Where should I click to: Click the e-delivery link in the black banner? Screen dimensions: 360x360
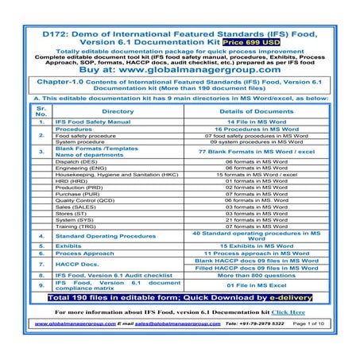[285, 297]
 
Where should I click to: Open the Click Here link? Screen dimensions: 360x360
[286, 312]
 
